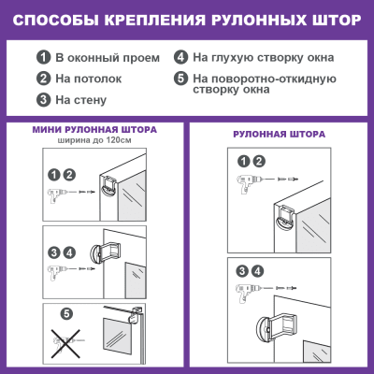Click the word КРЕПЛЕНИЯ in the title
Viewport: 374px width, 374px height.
(x=155, y=21)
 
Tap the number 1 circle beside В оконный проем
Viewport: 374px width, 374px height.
(x=43, y=58)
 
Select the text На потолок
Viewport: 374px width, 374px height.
(x=89, y=79)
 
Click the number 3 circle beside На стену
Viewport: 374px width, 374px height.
(x=43, y=100)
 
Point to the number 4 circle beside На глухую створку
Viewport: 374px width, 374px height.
(x=180, y=57)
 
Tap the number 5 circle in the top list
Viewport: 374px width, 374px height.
(x=180, y=79)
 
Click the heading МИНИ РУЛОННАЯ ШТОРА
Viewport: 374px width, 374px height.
(x=94, y=130)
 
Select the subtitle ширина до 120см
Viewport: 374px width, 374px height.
(x=94, y=140)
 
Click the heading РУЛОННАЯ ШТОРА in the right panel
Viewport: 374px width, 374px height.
(x=279, y=135)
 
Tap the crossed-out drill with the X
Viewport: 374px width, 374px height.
(x=66, y=343)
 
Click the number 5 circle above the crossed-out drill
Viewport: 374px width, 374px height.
(x=66, y=313)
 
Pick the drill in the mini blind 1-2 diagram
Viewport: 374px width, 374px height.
(x=55, y=194)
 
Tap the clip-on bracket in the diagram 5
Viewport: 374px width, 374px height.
(x=136, y=315)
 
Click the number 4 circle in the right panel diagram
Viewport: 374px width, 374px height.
(x=257, y=271)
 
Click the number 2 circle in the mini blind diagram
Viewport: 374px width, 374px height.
(x=69, y=175)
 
